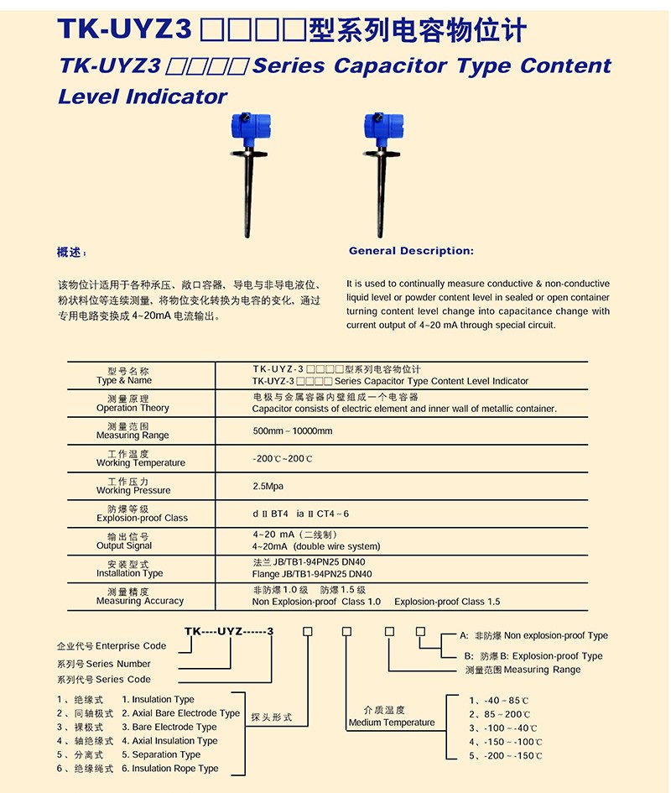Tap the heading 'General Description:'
point(411,251)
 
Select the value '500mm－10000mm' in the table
point(293,431)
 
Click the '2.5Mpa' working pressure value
point(269,486)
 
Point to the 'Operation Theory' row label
point(133,408)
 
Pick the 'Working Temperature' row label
point(140,462)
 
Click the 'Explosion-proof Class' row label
point(142,518)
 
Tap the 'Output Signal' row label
point(124,545)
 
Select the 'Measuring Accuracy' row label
point(139,601)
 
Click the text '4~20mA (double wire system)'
point(316,546)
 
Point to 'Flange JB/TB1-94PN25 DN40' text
point(312,574)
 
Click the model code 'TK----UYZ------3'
point(229,631)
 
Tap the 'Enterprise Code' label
point(131,646)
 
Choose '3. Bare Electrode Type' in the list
point(169,727)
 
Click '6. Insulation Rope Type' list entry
point(169,768)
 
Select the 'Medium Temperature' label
point(392,723)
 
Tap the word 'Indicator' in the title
point(177,97)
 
